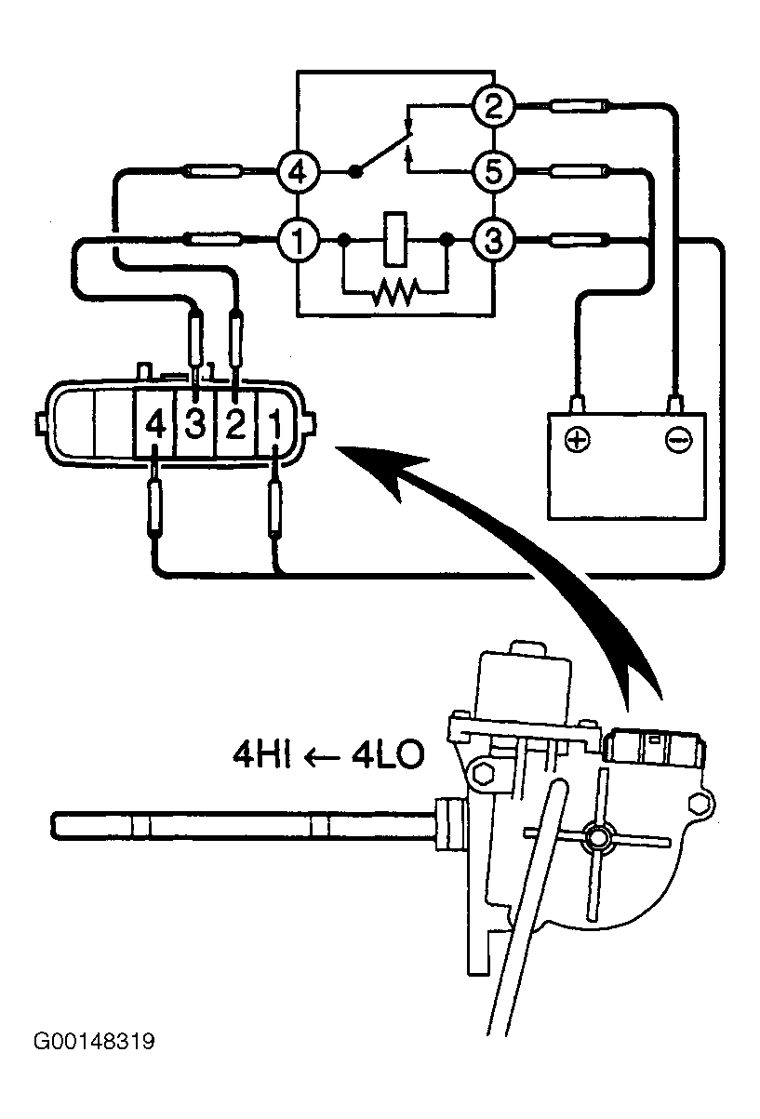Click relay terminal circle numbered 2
click(493, 106)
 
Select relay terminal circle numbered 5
click(493, 172)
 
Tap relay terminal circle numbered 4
click(298, 172)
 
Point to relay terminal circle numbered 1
click(298, 240)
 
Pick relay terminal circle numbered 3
click(493, 240)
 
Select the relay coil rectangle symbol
click(395, 239)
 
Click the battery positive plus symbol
click(577, 440)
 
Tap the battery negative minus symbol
click(678, 440)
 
